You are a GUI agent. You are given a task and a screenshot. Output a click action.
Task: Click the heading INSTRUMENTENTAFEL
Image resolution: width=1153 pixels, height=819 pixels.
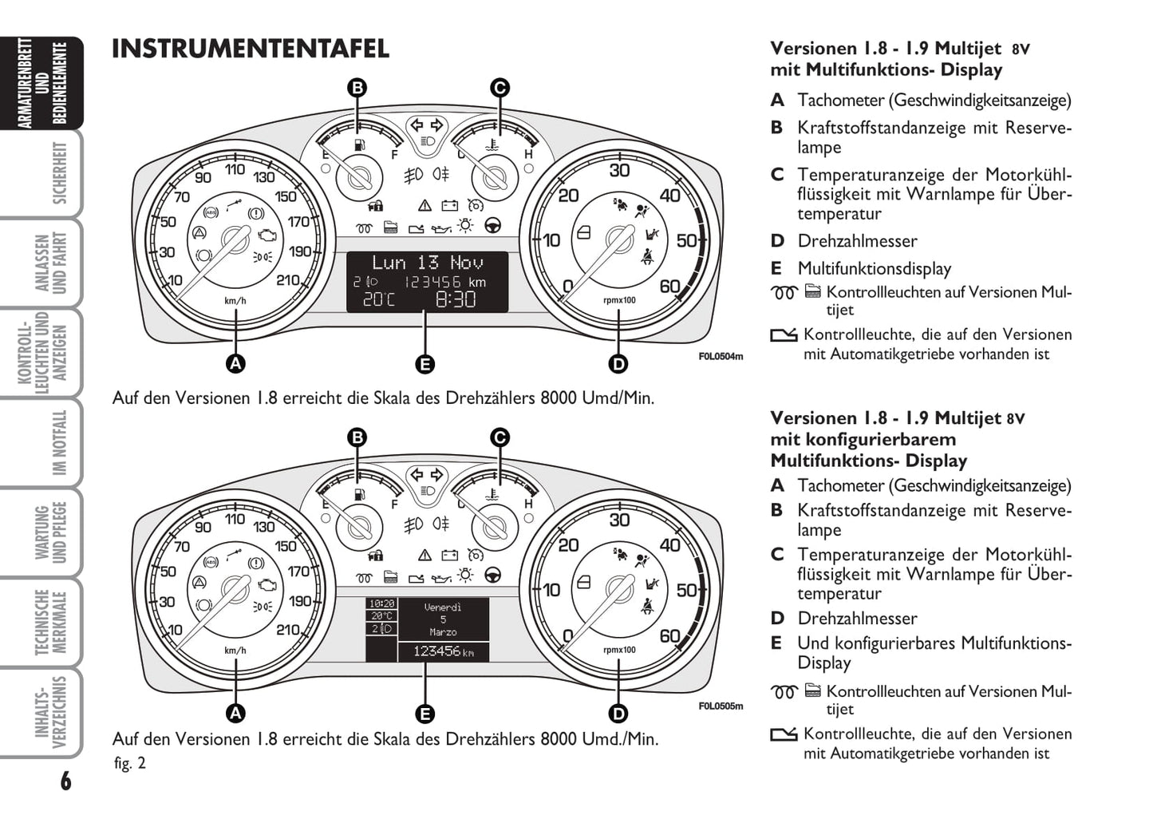tap(250, 49)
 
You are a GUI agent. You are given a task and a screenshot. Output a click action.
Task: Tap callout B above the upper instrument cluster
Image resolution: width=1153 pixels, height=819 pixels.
tap(357, 88)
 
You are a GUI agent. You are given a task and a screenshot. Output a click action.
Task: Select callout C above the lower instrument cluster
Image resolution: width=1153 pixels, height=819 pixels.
tap(500, 437)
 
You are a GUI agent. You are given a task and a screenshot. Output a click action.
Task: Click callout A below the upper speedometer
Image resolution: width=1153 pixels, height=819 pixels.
tap(235, 364)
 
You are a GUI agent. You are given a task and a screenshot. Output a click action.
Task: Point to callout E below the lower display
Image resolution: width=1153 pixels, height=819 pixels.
tap(424, 714)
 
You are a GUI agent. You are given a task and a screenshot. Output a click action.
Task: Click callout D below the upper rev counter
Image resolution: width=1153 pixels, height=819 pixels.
tap(618, 364)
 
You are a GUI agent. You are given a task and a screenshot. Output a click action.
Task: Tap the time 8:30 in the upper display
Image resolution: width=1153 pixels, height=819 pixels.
tap(456, 299)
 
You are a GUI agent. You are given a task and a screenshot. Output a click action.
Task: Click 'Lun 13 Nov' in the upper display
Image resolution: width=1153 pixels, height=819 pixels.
tap(428, 262)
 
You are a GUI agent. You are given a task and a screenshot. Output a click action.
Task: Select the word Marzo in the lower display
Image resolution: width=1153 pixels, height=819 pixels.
tap(443, 632)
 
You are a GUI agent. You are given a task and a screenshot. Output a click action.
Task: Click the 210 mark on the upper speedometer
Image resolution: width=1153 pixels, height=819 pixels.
tap(287, 280)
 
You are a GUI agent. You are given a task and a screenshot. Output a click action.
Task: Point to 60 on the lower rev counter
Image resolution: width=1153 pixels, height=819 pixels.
tap(669, 635)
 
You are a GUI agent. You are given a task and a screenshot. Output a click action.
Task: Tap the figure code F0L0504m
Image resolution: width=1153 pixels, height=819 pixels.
tap(721, 356)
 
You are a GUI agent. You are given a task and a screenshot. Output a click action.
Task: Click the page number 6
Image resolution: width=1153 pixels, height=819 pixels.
tap(65, 781)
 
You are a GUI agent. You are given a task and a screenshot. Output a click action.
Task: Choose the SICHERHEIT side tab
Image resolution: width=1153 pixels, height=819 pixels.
tap(59, 173)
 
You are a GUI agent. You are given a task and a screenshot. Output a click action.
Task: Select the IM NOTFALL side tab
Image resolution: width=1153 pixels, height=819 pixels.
tap(59, 443)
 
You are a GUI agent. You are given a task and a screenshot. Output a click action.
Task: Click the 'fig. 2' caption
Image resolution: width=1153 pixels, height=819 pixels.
tap(130, 763)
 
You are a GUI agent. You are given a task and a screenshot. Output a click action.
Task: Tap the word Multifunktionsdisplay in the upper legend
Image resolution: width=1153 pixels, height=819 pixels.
tap(874, 269)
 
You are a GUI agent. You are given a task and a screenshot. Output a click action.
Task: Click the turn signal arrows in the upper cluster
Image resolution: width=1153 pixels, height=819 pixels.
tap(425, 125)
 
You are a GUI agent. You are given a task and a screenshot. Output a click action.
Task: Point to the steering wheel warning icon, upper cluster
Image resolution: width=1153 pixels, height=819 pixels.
tap(492, 226)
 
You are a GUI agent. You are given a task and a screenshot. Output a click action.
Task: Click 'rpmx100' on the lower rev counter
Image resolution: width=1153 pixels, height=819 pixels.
tap(619, 650)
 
